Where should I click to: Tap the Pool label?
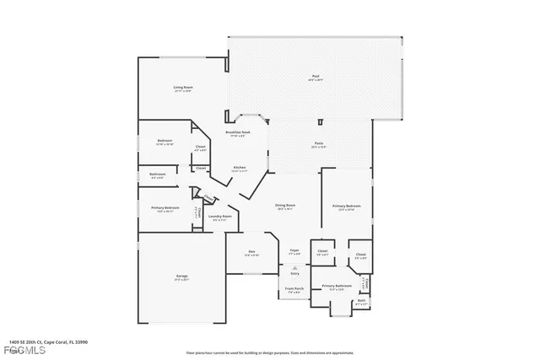coord(315,76)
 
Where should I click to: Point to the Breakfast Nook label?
coord(237,132)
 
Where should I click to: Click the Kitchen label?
coord(240,168)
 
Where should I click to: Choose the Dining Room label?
coord(284,205)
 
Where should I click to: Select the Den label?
coord(251,251)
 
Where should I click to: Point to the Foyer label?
coord(295,250)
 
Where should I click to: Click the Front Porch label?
coord(293,289)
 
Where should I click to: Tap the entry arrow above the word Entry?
coord(294,266)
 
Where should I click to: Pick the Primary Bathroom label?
coord(336,287)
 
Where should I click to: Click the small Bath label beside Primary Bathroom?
coord(361,300)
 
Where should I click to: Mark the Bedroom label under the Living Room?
coord(165,141)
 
